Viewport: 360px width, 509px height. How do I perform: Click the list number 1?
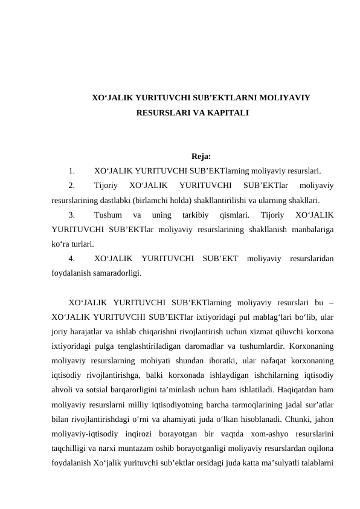pyautogui.click(x=72, y=170)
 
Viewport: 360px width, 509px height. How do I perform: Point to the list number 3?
pyautogui.click(x=72, y=215)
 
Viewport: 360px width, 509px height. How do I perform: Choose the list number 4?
pyautogui.click(x=72, y=259)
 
